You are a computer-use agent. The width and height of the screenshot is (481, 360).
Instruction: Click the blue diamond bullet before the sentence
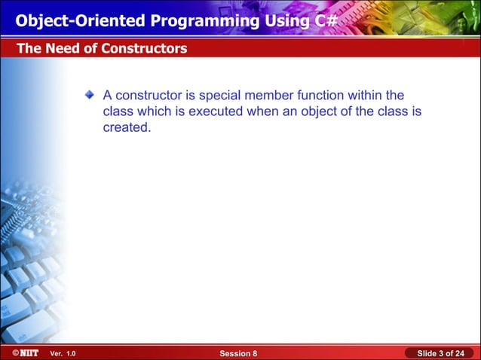[x=90, y=95]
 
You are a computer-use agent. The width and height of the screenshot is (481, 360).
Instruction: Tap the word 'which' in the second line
[x=152, y=111]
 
